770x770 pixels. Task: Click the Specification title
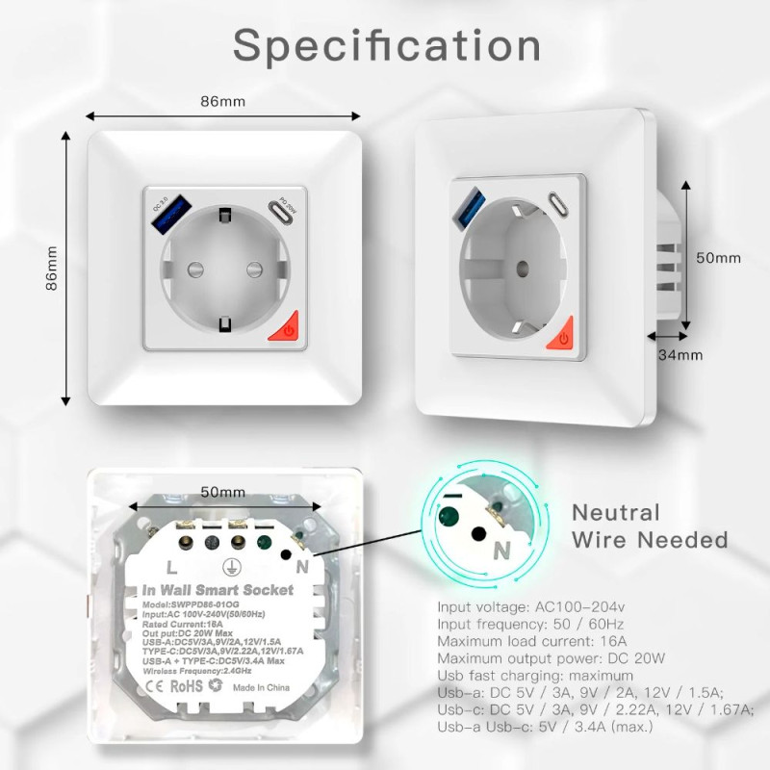coord(386,46)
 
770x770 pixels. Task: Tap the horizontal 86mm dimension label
coord(222,100)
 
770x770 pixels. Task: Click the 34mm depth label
coord(680,355)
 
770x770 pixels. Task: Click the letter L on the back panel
coord(171,567)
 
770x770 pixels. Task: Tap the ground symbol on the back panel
coord(232,568)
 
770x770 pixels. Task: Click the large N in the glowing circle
coord(501,551)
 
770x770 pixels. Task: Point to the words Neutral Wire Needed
coord(650,526)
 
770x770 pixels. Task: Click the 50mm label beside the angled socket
coord(718,258)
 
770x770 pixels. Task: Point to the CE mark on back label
coord(153,687)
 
